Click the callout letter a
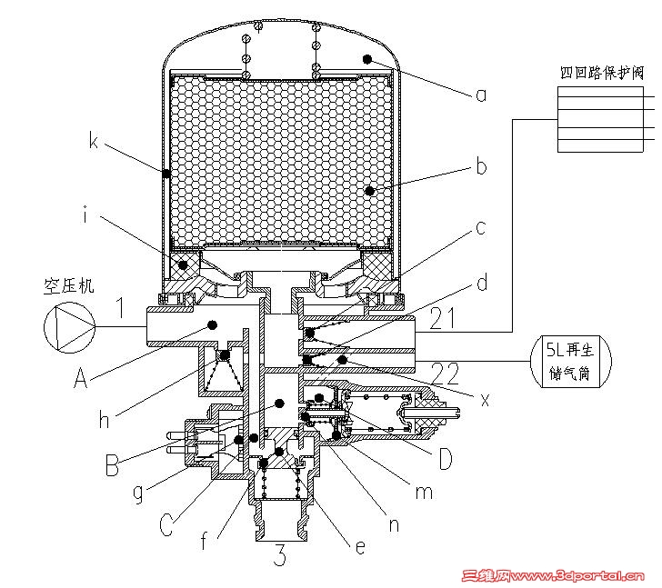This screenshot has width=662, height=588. pos(481,93)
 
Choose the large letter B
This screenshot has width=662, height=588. pos(112,467)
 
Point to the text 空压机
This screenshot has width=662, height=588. pos(69,285)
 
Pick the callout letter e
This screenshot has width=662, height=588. pos(360,547)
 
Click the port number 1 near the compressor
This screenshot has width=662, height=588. pos(118,308)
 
